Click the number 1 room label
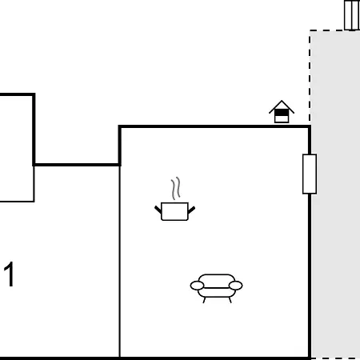pos(9,274)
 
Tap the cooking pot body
pos(174,211)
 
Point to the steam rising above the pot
pos(175,188)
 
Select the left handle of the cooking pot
pos(158,210)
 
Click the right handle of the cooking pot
pos(191,210)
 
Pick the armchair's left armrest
pos(197,286)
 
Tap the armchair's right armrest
pos(236,286)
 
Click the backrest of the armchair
pos(217,278)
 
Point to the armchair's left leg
pos(204,300)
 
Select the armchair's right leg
pos(230,300)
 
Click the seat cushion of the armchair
pos(217,293)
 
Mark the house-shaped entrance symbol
pos(282,112)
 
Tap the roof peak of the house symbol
pos(282,101)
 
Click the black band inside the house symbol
pos(282,114)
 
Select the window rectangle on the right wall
pos(310,174)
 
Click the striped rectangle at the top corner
pos(352,15)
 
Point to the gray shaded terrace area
pos(335,194)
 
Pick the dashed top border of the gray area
pos(334,30)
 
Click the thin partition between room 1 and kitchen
pos(120,262)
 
